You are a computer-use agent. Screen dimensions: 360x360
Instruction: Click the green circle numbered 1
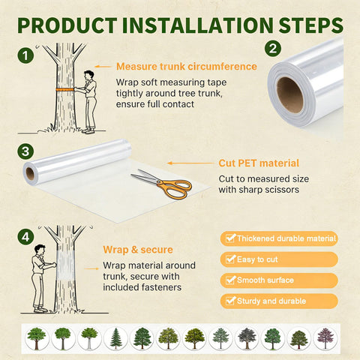(25, 55)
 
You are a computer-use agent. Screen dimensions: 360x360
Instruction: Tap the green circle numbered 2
(273, 49)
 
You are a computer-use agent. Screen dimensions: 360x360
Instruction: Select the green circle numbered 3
(25, 151)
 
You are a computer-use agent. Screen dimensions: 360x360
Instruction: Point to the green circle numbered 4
(25, 237)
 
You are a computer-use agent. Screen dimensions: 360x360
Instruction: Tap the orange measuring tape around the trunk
(64, 89)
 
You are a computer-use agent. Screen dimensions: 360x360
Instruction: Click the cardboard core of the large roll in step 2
(289, 94)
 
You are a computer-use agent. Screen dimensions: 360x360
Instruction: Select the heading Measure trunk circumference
(187, 67)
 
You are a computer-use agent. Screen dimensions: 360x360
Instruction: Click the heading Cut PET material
(259, 163)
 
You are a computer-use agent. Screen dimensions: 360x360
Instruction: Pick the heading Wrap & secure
(138, 250)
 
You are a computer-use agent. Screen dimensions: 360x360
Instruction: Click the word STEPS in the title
(310, 25)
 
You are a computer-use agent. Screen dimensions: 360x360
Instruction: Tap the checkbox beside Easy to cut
(230, 259)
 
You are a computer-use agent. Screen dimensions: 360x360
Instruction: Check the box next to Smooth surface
(230, 280)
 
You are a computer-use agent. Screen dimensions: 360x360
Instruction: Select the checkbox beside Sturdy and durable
(230, 301)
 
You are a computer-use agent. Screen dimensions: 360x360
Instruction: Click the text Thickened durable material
(286, 238)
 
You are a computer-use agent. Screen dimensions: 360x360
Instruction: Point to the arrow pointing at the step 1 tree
(103, 67)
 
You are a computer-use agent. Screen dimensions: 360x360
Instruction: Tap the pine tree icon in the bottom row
(115, 338)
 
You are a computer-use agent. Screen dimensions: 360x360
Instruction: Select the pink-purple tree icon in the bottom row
(325, 338)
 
